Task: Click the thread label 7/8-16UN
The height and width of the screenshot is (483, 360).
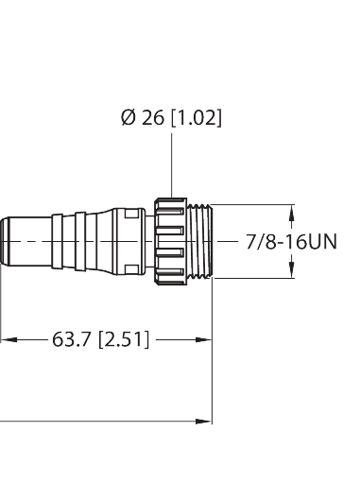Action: point(290,242)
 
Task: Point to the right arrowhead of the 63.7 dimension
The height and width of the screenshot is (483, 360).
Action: point(204,338)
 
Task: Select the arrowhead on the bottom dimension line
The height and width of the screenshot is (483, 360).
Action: point(204,419)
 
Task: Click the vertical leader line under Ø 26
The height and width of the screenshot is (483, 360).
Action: point(172,165)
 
